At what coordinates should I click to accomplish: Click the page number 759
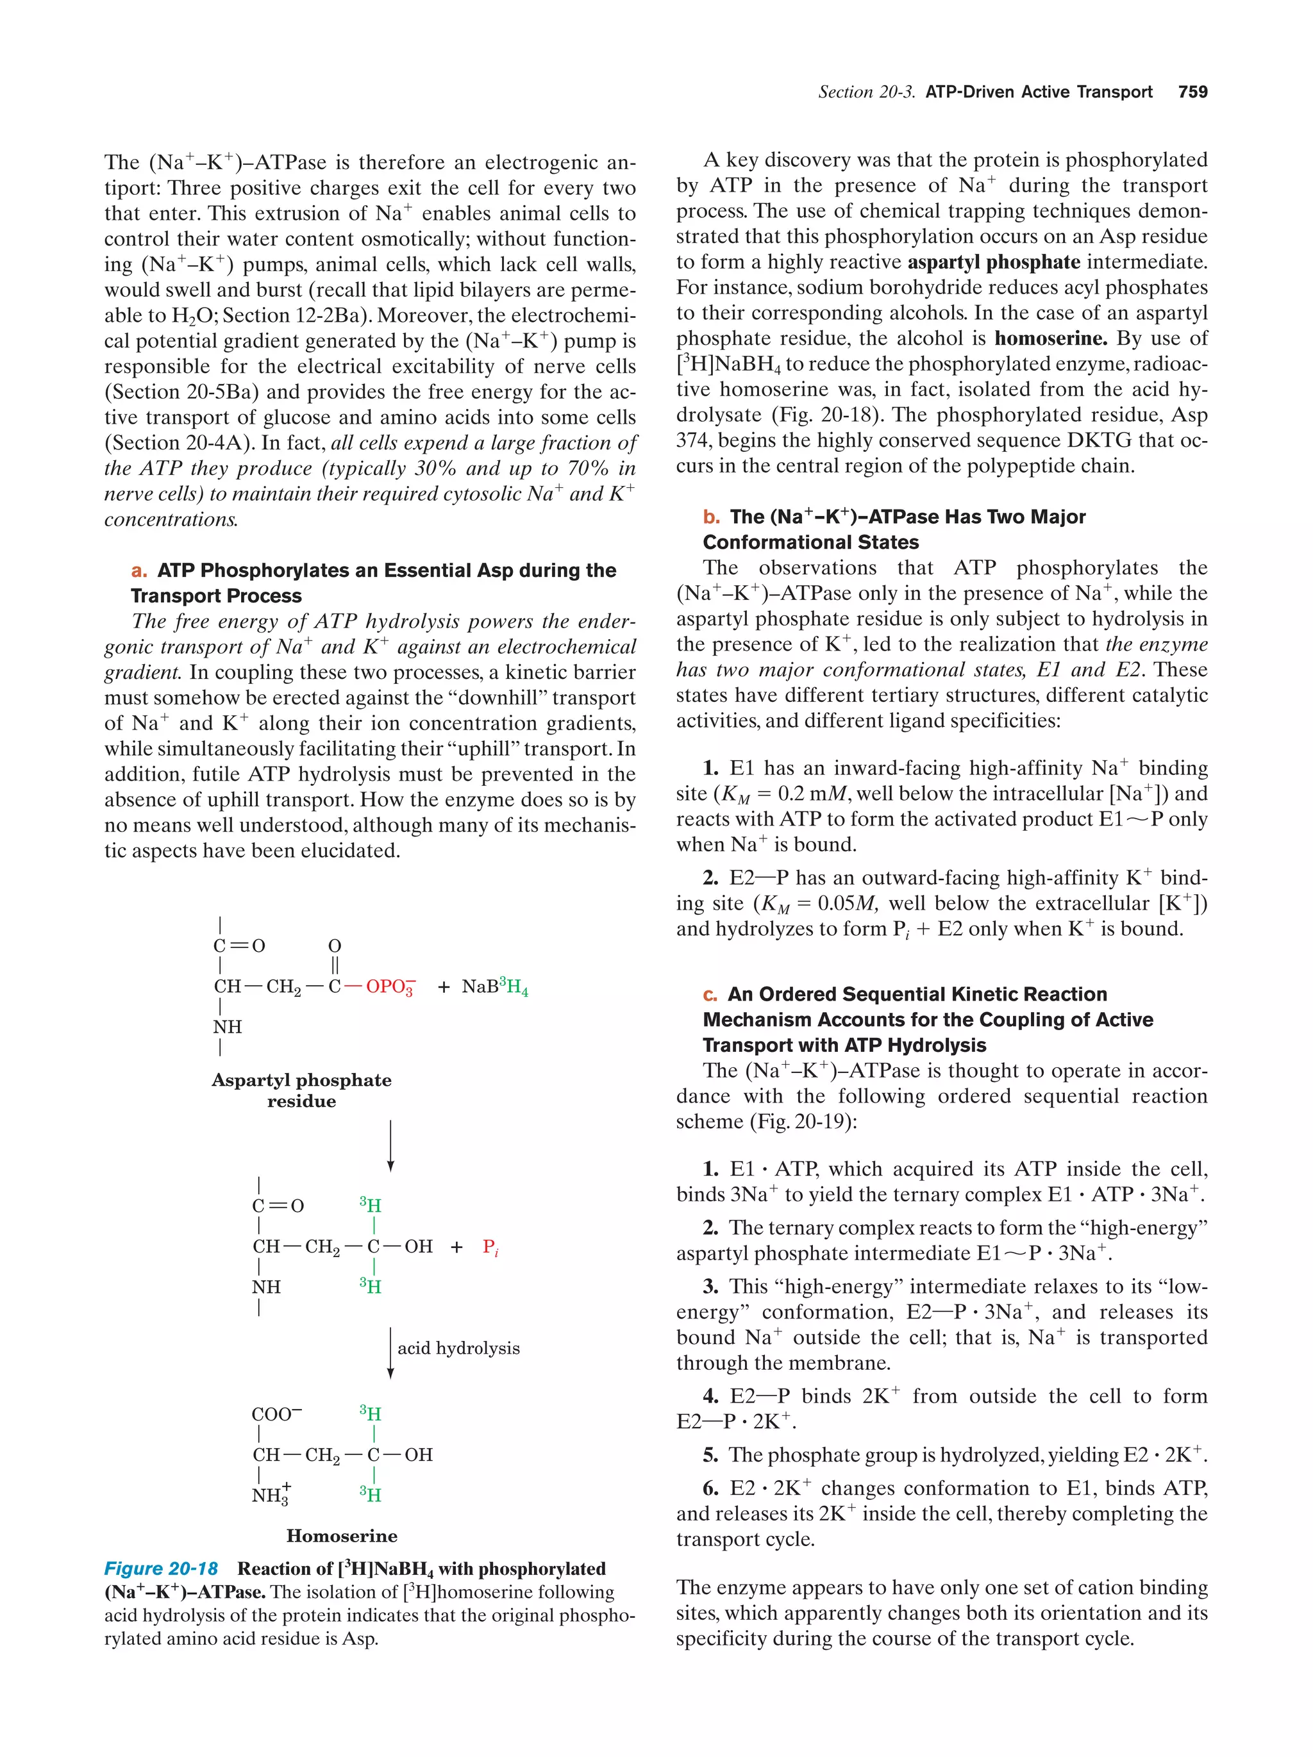pos(1192,92)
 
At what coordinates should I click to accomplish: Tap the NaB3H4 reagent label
pos(494,987)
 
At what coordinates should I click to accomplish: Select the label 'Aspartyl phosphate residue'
pos(301,1090)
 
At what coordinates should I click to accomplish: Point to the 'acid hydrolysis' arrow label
pos(458,1348)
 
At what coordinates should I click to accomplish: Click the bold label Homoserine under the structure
pos(342,1535)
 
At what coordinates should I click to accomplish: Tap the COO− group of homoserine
pos(276,1414)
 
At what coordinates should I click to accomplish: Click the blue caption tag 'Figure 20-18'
pos(162,1569)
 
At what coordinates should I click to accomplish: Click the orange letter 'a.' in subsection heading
pos(140,570)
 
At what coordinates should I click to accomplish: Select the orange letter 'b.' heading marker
pos(711,517)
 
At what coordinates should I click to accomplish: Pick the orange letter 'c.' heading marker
pos(710,994)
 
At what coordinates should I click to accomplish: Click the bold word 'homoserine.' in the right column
pos(1050,338)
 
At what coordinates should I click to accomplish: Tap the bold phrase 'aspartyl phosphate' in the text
pos(993,262)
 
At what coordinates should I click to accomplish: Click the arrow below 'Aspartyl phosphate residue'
pos(390,1145)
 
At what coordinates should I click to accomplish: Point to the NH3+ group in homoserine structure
pos(271,1495)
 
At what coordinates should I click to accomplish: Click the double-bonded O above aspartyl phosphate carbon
pos(335,946)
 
